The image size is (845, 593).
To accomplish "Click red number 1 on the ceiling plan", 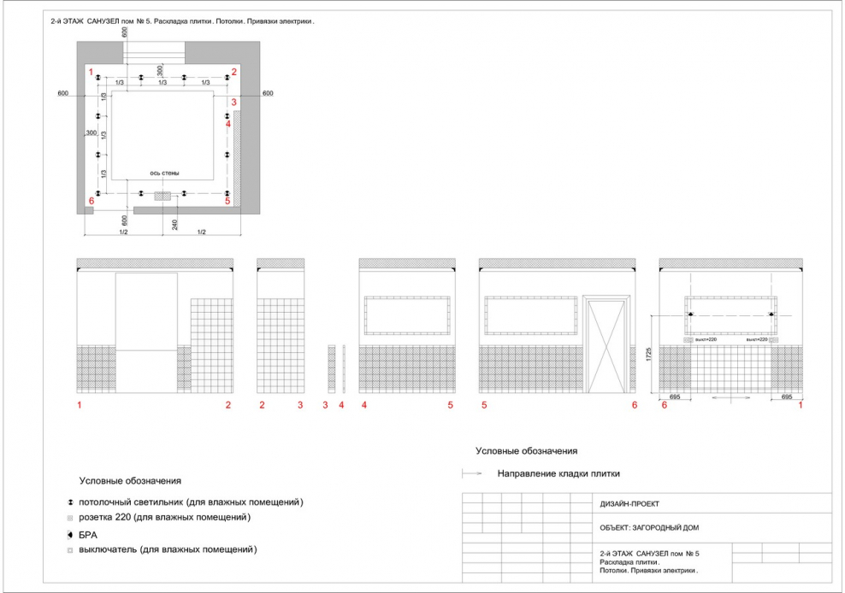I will pos(91,72).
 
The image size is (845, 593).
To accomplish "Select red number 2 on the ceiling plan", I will pos(233,72).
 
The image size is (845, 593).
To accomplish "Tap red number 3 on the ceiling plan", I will pos(233,102).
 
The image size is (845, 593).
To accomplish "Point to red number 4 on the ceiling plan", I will pos(228,124).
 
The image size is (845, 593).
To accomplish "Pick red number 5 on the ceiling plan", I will pos(227,202).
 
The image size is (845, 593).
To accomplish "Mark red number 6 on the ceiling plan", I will pos(91,202).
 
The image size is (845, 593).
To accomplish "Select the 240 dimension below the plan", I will pos(174,225).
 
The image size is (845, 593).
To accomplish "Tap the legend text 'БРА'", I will pos(88,534).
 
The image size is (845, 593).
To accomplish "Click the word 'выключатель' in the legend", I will pos(107,549).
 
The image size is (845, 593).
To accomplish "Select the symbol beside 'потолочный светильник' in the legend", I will pos(69,502).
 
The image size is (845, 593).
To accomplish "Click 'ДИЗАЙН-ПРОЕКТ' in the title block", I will pos(630,504).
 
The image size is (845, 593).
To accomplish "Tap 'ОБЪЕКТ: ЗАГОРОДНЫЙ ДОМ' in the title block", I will pos(650,528).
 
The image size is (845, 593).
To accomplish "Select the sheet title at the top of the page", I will pos(183,21).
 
